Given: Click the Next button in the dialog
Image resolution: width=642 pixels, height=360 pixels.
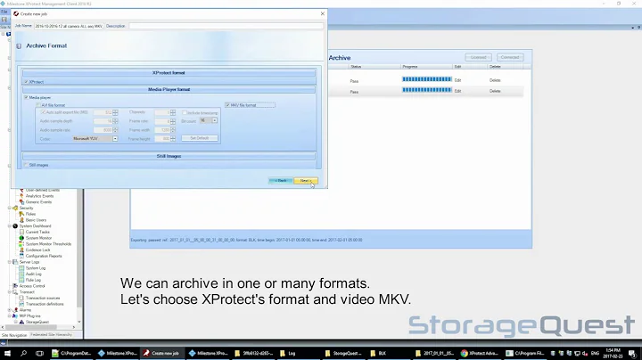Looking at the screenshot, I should pos(305,180).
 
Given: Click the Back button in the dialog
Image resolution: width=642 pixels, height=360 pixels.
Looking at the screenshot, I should pos(280,180).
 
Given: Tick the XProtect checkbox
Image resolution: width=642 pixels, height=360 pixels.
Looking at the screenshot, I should pos(26,81).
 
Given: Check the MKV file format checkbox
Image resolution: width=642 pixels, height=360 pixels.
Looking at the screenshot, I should pos(227,105).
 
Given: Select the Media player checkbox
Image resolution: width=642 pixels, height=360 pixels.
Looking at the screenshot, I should pos(27,98).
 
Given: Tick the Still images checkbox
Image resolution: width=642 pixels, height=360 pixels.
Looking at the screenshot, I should pos(26,164).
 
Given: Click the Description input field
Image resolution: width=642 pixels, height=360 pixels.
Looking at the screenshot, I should pos(223,26).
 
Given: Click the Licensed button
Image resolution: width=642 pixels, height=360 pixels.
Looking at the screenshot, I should pos(478,57).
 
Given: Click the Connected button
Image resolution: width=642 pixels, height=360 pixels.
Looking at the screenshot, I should pos(509,57).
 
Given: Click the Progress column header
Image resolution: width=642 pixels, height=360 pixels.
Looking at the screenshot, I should pos(410,66).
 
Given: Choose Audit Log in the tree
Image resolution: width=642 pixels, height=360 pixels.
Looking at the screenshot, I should pos(35,274).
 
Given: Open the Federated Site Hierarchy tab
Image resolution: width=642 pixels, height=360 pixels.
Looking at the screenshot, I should pos(53,334).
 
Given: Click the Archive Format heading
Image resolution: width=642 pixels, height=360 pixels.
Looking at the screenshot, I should pos(47,44).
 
